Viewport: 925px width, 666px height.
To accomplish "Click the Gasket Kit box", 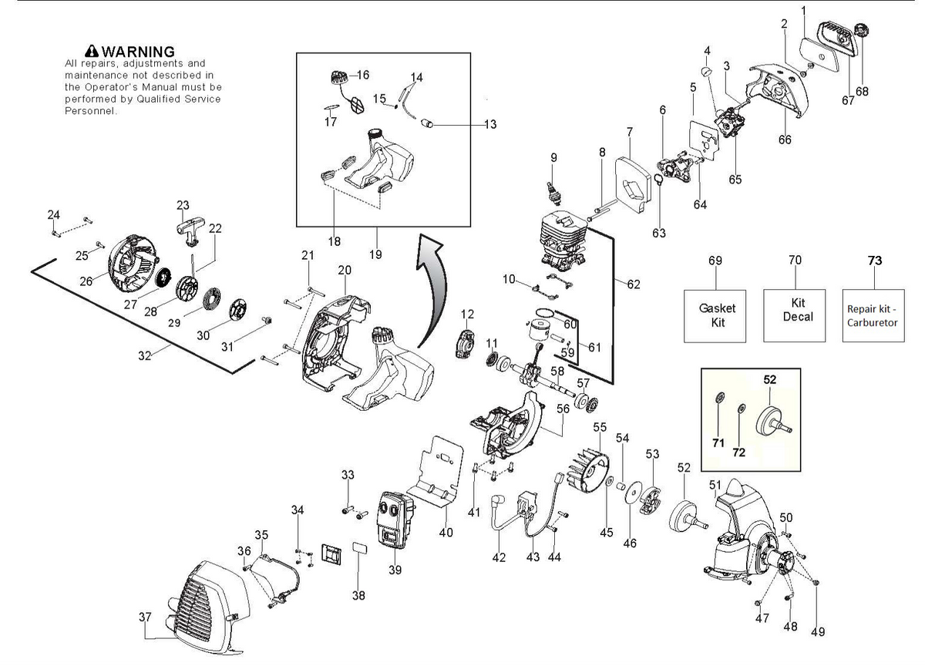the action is [x=715, y=316].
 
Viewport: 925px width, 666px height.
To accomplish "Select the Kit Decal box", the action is [x=795, y=315].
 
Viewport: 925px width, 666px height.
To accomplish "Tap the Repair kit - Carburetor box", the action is [x=873, y=315].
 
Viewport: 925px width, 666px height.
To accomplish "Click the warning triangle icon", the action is [x=91, y=51].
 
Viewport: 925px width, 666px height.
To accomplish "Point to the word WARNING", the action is [x=138, y=52].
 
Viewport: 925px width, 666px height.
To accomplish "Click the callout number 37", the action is [x=145, y=617].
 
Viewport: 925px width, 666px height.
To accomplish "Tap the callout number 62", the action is [x=634, y=284].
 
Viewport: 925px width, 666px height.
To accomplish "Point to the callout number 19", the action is [x=375, y=254].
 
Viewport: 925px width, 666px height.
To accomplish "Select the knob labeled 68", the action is [x=861, y=31].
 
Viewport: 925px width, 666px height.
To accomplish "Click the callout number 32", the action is [x=145, y=355].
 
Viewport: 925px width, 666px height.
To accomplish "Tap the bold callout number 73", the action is [x=875, y=261].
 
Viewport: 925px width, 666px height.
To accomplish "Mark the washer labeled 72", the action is [x=742, y=409].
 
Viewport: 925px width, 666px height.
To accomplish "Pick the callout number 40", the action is [x=446, y=533].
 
